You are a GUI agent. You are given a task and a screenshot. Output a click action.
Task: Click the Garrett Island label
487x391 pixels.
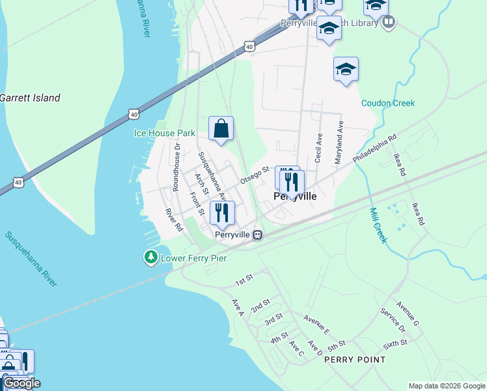[x=30, y=98]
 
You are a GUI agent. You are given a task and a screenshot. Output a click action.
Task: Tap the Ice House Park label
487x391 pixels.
[x=164, y=133]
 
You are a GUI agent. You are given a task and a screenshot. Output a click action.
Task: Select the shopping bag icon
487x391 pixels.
[x=221, y=128]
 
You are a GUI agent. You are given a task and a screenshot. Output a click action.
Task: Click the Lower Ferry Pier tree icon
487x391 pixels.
[x=151, y=258]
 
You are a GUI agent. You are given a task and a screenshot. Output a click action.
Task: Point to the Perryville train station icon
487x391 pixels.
[x=258, y=235]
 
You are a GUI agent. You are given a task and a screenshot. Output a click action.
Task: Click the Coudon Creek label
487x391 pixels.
[x=388, y=103]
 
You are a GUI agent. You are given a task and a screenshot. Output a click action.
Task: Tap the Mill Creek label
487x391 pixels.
[x=378, y=225]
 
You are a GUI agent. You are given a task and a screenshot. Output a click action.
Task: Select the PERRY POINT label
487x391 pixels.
[x=354, y=360]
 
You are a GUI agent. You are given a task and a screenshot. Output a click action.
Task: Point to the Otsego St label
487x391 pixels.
[x=255, y=174]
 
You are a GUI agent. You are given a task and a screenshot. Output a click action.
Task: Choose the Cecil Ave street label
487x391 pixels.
[x=318, y=149]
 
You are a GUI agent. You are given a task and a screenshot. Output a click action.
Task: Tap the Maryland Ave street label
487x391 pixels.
[x=339, y=142]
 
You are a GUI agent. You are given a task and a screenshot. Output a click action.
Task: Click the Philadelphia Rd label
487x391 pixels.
[x=374, y=150]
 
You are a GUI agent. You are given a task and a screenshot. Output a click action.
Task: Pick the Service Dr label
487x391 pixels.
[x=393, y=319]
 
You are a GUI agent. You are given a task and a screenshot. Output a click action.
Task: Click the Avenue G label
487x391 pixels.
[x=408, y=314]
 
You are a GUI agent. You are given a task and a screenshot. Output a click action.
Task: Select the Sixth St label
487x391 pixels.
[x=395, y=342]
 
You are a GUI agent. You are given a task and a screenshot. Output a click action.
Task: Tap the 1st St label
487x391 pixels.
[x=244, y=281]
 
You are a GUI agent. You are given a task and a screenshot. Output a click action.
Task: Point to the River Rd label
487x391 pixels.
[x=174, y=220]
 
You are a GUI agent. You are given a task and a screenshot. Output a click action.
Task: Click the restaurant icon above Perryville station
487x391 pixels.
[x=222, y=212]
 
